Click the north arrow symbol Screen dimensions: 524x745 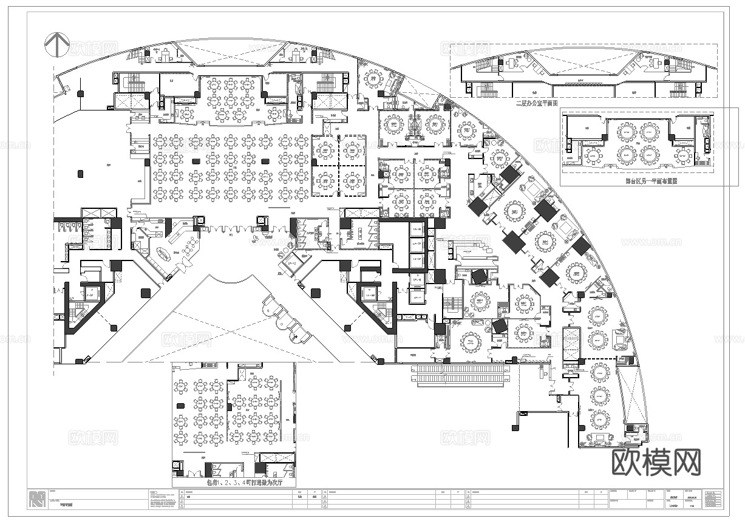[56, 44]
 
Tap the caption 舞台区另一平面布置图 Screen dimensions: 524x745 [651, 180]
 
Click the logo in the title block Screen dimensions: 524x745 [37, 498]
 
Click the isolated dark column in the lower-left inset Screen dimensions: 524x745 [179, 406]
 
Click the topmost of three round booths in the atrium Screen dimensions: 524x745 [269, 301]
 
